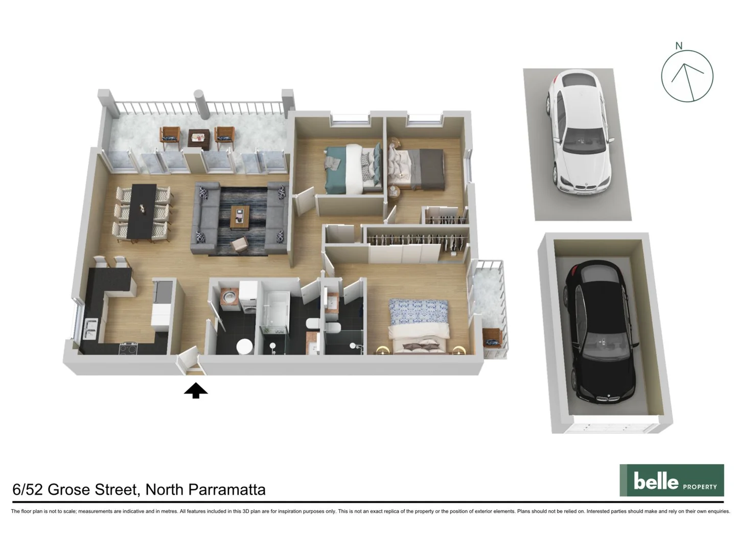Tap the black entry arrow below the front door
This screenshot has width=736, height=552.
195,391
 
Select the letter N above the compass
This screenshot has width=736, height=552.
679,46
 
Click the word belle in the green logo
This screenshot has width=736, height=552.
656,481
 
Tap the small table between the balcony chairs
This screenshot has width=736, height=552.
198,137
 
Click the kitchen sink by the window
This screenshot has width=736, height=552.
90,328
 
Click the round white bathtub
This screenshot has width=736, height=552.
244,346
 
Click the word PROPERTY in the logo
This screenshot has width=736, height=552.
700,487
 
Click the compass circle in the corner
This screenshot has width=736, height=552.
687,76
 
